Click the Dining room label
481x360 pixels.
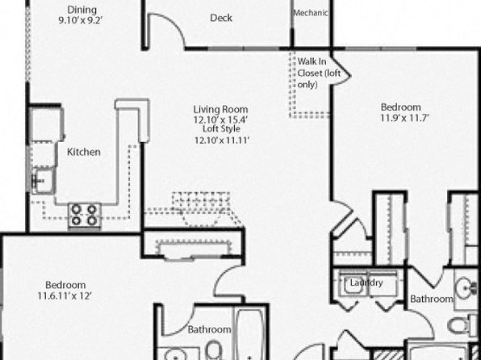pos(82,10)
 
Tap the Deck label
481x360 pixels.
pos(221,18)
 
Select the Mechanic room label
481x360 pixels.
pos(311,13)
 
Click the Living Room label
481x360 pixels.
pos(220,109)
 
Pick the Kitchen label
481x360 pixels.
pos(84,152)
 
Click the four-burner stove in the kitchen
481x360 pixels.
pos(85,215)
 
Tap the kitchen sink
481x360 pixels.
pos(44,181)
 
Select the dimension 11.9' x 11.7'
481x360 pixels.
pos(404,118)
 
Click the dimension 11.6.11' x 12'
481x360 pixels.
pos(65,296)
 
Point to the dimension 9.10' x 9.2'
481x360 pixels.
pos(81,20)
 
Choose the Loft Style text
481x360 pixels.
pos(221,128)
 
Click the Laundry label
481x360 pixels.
pos(366,283)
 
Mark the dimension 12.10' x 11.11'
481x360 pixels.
pos(222,140)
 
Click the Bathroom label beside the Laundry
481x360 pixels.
pos(432,299)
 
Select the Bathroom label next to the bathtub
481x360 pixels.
pos(210,329)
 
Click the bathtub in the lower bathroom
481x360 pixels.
pos(250,333)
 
